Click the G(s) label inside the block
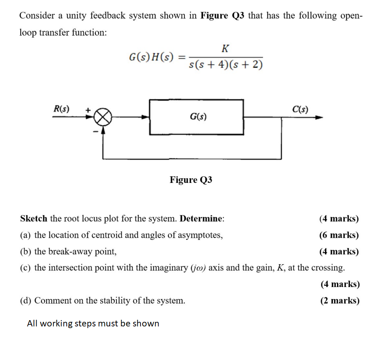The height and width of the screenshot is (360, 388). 198,117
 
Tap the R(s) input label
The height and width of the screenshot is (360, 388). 62,109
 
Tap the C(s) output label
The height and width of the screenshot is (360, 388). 300,109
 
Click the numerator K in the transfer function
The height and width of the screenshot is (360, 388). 225,49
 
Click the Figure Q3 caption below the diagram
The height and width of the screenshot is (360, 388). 191,180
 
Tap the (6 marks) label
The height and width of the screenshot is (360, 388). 339,235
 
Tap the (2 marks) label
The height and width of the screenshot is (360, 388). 339,301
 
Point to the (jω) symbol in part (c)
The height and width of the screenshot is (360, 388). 198,268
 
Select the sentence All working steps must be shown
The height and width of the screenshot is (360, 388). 93,324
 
